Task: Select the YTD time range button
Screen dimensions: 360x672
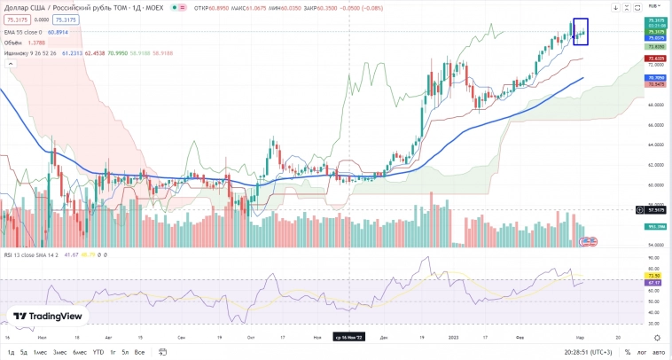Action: click(98, 352)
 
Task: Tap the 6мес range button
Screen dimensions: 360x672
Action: click(80, 352)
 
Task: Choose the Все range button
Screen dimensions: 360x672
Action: click(139, 352)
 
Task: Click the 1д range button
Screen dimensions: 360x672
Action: click(11, 352)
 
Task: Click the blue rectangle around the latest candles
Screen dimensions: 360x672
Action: click(581, 31)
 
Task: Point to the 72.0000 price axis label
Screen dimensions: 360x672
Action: click(656, 66)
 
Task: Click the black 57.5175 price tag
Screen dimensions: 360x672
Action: click(657, 210)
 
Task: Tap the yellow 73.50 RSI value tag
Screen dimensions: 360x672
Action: click(657, 276)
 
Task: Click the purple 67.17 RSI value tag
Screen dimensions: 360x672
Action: click(657, 283)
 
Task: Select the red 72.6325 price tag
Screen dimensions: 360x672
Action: click(657, 59)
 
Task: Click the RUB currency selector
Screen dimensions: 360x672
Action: click(654, 5)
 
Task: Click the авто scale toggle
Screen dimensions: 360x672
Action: click(660, 352)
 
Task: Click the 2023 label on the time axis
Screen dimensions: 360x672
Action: click(454, 337)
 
